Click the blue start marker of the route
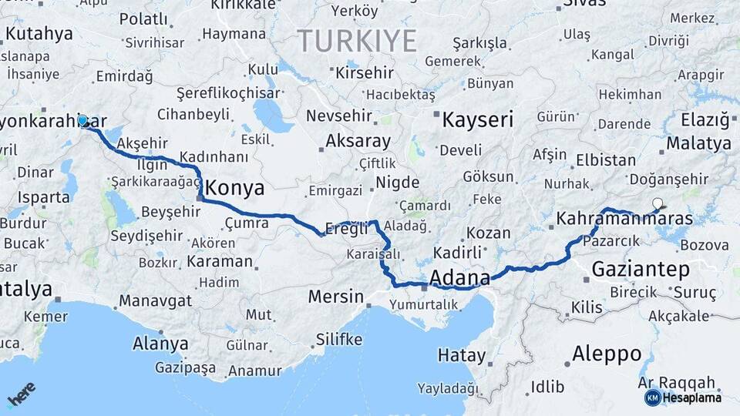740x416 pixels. pos(82,120)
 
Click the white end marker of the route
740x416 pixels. pos(658,204)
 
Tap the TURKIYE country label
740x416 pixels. pos(357,40)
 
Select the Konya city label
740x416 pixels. pos(235,188)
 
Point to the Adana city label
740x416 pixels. pos(460,277)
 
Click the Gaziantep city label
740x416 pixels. pos(641,269)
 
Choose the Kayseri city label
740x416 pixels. pos(479,119)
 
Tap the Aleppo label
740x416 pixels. pos(607,354)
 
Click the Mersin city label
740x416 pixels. pos(335,296)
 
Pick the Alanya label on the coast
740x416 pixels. pos(160,343)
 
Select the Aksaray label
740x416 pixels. pos(358,142)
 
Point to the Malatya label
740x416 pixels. pos(698,143)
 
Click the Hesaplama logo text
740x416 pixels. pos(692,398)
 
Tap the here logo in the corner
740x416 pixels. pos(22,394)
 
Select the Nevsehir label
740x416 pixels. pos(339,116)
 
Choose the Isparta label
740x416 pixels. pos(44,196)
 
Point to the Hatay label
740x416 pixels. pos(462,356)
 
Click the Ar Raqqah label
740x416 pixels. pos(677,383)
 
